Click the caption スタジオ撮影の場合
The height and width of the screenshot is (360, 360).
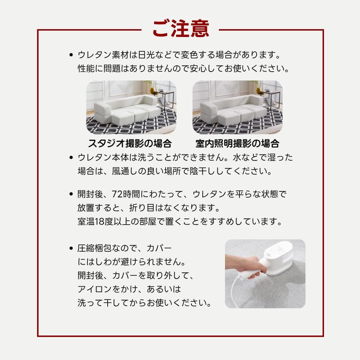click(130, 144)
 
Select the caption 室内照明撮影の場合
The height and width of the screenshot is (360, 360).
click(237, 144)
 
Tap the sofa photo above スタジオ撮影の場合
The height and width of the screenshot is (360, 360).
click(131, 107)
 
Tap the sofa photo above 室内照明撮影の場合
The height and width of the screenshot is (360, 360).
click(237, 107)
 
